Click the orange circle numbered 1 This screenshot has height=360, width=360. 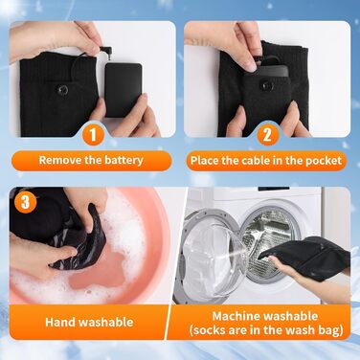click(93, 135)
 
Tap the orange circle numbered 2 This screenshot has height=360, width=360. click(267, 135)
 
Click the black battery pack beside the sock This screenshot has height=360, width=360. click(124, 90)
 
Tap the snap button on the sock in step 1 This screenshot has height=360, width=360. click(62, 90)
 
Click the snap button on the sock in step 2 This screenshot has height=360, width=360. click(264, 84)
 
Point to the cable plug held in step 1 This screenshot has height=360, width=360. click(104, 51)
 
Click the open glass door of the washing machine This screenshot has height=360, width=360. click(213, 255)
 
